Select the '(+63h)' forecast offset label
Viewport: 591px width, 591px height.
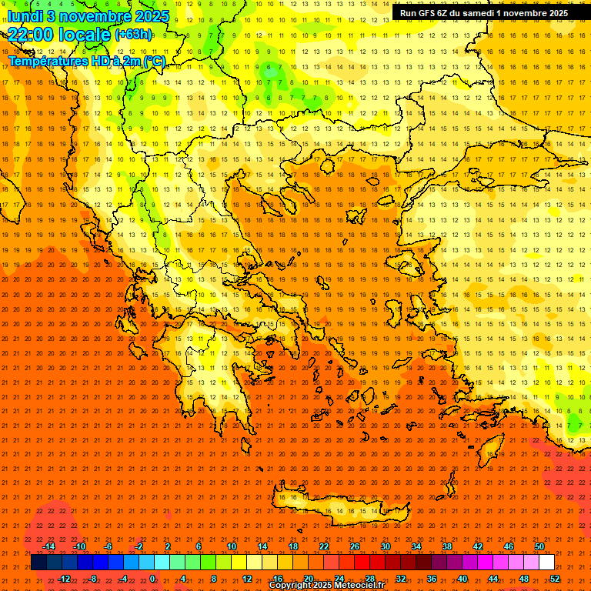132,34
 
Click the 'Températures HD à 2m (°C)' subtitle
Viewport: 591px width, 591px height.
86,61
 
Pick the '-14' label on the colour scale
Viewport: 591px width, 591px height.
49,546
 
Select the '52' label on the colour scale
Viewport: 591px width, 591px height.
556,579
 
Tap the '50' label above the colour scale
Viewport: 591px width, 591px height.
539,546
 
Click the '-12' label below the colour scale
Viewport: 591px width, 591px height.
65,579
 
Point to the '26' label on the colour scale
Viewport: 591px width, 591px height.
355,546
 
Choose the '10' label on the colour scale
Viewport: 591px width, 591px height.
231,546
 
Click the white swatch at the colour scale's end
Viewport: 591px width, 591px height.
547,563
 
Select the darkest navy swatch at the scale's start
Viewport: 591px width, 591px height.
38,563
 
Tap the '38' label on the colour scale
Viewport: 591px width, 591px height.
447,546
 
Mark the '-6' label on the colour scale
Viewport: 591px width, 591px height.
109,546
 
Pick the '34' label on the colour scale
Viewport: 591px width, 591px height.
416,546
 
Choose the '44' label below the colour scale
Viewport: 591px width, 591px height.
493,579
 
